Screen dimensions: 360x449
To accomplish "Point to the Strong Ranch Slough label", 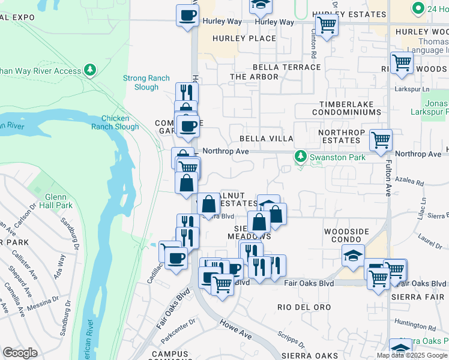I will point(140,82).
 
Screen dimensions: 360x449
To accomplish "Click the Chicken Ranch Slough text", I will point(119,122).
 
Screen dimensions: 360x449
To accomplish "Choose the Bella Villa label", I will point(267,139).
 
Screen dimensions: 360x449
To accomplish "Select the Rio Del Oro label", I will point(304,307).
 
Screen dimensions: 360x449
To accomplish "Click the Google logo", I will point(20,353).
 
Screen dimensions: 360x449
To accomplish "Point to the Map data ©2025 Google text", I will point(412,355).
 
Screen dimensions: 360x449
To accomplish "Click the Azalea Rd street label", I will point(427,184).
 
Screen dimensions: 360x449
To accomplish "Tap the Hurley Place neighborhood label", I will point(245,38).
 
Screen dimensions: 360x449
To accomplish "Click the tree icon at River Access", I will point(90,70).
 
